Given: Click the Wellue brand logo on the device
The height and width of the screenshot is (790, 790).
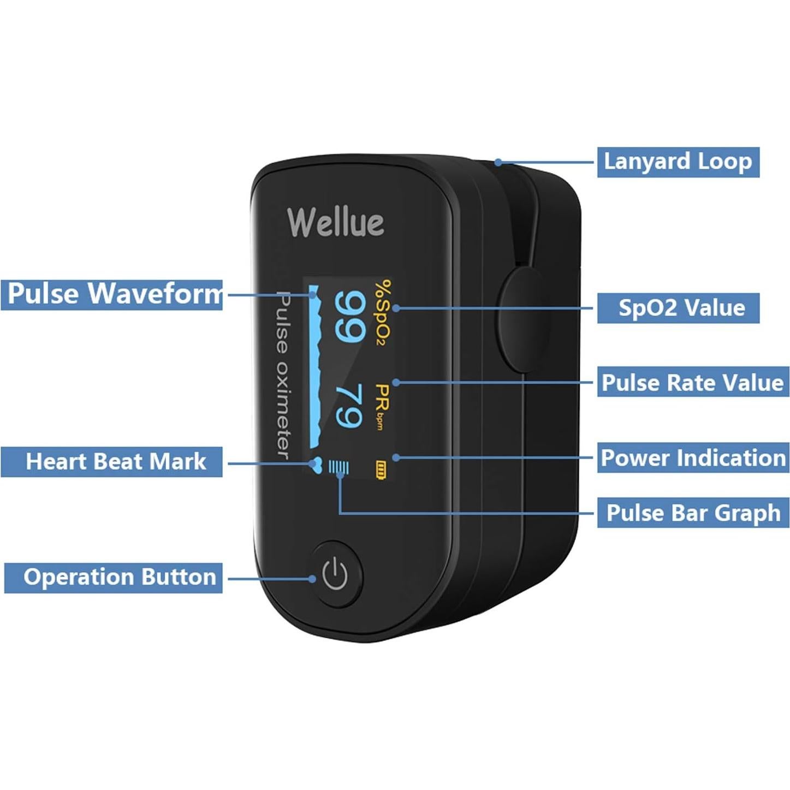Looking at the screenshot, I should (x=335, y=222).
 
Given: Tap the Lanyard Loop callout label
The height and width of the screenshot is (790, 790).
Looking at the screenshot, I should (x=678, y=162).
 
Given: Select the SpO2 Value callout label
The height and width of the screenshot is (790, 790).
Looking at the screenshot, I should (x=678, y=308).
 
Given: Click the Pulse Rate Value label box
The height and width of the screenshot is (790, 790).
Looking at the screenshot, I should (x=692, y=382).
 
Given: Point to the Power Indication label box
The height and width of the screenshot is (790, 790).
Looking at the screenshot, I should (x=692, y=458).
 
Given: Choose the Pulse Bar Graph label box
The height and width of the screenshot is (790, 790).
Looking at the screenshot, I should (x=693, y=513).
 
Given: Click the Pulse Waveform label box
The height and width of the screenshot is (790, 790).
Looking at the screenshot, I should (x=112, y=294).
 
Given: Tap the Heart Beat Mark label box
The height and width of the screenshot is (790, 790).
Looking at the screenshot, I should (x=112, y=462).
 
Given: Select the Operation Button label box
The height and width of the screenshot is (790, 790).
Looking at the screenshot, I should (x=114, y=578).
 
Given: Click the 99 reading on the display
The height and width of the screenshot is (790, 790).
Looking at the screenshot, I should (x=349, y=316).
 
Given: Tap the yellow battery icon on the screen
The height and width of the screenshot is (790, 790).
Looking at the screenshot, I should (x=381, y=470).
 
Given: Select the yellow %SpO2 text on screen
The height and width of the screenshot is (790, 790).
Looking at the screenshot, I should (x=384, y=312).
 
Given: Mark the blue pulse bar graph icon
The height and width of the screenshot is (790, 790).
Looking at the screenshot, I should (x=338, y=467).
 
